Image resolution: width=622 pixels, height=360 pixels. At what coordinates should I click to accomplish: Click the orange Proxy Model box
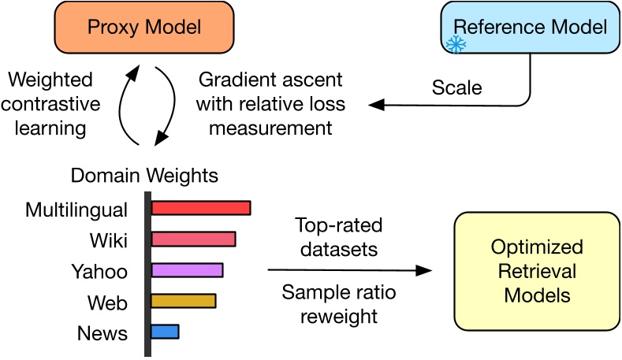pos(143,28)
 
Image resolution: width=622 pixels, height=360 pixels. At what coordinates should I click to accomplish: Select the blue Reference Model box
pos(530,28)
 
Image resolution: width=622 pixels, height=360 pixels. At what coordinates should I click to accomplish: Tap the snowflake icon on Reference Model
pos(456,44)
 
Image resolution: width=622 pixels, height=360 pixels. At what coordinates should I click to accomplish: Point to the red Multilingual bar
pos(200,208)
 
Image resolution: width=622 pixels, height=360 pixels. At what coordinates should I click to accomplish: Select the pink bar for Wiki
pos(193,239)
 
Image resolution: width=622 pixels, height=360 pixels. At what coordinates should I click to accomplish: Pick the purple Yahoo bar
pos(187,270)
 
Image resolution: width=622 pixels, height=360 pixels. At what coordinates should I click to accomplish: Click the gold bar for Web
pos(183,301)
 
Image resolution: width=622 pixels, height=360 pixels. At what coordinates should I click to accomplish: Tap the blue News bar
pos(165,332)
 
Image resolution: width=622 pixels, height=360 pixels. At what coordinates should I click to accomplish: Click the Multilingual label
pos(76,210)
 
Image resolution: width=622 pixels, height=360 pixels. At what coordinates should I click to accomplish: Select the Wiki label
pos(109,240)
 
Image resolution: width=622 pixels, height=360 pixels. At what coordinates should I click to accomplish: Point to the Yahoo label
pos(99,272)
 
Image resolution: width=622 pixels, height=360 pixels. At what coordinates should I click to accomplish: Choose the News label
pos(102,333)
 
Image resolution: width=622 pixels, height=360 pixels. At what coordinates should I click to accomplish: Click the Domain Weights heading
pos(144,175)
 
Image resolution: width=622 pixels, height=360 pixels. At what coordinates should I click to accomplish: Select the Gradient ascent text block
pos(270,103)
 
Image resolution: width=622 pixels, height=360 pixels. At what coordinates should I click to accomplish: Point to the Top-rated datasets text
pos(338,238)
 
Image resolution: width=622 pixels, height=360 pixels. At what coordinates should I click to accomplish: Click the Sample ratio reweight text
pos(339,304)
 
